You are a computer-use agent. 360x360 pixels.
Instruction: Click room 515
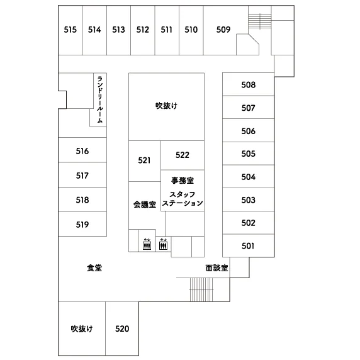tap(70, 30)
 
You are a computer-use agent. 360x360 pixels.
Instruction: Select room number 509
tap(223, 30)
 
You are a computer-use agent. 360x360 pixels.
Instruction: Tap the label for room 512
tap(143, 30)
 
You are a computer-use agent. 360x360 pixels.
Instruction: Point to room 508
tap(249, 85)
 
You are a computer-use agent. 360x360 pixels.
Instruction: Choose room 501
tap(248, 246)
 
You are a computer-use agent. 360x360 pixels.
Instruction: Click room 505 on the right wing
tap(249, 154)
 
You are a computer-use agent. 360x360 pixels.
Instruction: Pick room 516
tap(82, 151)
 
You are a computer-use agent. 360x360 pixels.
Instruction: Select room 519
tap(82, 225)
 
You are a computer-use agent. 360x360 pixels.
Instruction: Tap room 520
tap(122, 329)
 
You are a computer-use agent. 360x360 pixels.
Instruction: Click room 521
tap(144, 160)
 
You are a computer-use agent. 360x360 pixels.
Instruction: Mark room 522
tap(183, 155)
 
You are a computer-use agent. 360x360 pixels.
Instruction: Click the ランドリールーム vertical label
tap(100, 99)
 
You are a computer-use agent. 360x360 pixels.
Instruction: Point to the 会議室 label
tap(145, 205)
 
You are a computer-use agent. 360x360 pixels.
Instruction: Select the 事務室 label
tap(183, 181)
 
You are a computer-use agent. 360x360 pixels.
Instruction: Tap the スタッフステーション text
tap(183, 199)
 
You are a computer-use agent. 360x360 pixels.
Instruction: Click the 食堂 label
tap(94, 267)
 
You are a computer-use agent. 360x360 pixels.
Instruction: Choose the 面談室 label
tap(217, 267)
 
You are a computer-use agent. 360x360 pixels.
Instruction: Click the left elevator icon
tap(147, 244)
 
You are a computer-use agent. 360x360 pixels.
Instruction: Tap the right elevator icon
tap(163, 244)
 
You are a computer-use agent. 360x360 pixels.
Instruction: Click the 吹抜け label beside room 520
tap(82, 329)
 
